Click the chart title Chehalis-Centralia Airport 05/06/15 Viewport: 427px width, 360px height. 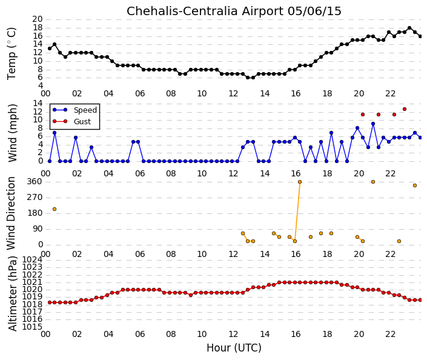point(234,11)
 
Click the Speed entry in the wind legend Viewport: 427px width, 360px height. point(85,110)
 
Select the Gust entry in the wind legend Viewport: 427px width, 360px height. point(82,122)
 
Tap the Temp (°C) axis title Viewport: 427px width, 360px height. point(12,54)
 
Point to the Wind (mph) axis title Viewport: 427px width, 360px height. point(12,133)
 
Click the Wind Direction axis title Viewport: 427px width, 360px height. point(11,213)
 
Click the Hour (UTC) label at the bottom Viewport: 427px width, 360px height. point(234,348)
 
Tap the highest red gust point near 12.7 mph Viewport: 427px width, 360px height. point(405,109)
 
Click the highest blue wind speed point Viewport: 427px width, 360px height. point(373,124)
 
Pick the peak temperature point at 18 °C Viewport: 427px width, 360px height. point(409,28)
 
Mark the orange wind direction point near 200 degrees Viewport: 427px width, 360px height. point(55,209)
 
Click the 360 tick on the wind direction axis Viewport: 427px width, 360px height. point(35,182)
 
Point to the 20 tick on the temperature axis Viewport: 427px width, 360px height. point(38,19)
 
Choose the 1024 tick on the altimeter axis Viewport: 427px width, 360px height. point(32,259)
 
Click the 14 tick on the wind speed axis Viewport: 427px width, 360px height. point(38,103)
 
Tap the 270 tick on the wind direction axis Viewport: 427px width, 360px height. point(35,198)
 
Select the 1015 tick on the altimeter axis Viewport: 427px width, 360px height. point(32,327)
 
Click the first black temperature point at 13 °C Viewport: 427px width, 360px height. point(50,48)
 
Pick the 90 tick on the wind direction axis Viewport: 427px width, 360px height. point(38,229)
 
